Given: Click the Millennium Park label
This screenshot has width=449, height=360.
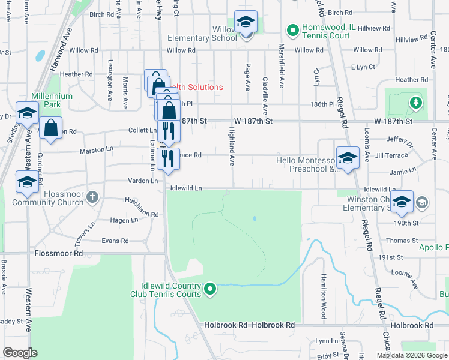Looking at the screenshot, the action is point(52,100).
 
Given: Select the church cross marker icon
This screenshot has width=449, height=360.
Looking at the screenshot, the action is point(92,196).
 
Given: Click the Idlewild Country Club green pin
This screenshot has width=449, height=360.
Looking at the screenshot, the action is point(209,290).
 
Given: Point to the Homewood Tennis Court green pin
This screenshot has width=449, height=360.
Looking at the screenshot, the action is point(292,29).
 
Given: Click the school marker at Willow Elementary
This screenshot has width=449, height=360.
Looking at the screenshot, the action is point(245,23).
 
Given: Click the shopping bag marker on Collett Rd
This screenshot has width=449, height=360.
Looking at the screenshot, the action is point(51,128).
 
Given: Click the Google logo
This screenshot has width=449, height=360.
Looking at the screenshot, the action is point(20,353).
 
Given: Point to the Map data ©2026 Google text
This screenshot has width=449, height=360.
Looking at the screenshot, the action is point(411,355).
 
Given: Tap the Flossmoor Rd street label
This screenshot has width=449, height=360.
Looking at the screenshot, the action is point(58,254).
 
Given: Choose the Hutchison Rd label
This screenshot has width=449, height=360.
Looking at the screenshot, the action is point(142,207).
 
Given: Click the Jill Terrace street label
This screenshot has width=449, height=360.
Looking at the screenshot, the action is point(391,155).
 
